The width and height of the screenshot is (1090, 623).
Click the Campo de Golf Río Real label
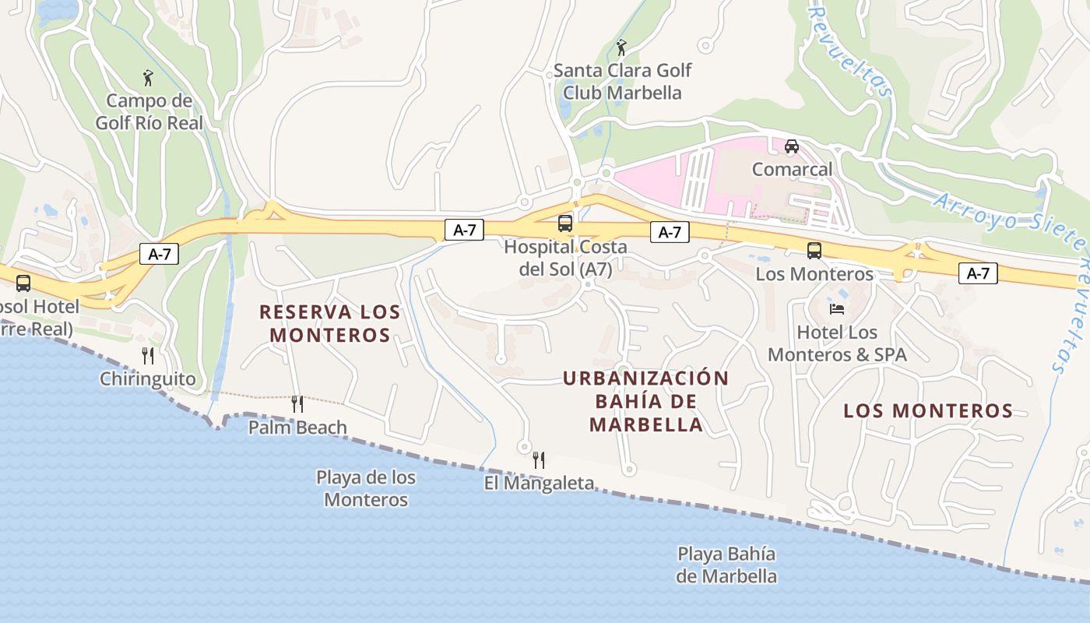149,111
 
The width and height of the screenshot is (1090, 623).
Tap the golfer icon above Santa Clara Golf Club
621,48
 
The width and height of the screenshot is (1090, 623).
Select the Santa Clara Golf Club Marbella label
622,82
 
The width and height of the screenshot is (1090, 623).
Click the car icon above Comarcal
792,146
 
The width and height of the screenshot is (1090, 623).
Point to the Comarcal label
792,169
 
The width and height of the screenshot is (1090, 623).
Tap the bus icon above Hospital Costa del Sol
565,224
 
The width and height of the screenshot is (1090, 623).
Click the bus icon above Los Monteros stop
814,251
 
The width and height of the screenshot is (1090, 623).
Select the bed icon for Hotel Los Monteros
837,308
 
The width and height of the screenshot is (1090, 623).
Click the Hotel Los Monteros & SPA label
837,343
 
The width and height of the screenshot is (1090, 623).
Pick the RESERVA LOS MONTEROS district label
329,323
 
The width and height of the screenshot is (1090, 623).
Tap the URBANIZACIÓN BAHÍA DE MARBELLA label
645,401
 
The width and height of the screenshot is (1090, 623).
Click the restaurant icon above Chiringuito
148,356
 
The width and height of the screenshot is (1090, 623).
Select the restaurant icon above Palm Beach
297,403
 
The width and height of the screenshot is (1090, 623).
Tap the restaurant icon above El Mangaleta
538,459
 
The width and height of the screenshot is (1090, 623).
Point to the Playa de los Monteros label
366,488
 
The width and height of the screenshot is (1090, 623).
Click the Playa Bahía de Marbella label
726,565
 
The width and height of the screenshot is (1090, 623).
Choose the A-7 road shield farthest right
978,273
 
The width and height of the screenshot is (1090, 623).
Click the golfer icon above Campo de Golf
148,78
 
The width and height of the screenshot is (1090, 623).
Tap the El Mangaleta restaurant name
538,484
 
